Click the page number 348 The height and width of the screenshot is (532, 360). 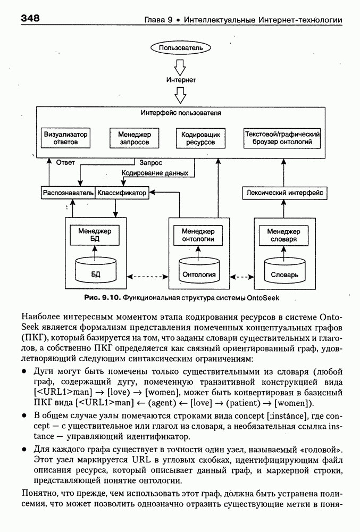coord(31,19)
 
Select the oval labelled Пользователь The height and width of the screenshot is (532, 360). coord(181,48)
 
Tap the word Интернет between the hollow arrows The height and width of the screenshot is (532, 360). coord(181,80)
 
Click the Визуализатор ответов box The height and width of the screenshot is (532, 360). coord(66,138)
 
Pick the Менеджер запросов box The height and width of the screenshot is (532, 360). coord(131,138)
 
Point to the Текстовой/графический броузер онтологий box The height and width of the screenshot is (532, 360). coord(282,138)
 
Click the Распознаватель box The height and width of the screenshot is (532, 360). coord(68,193)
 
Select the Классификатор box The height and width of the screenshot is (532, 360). coord(122,193)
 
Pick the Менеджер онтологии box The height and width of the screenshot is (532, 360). coord(198,235)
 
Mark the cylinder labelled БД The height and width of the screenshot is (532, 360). coord(95,271)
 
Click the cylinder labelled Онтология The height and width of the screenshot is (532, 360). coord(199,271)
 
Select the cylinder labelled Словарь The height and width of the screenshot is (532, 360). coord(284,271)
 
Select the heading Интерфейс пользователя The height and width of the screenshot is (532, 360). coord(181,113)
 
